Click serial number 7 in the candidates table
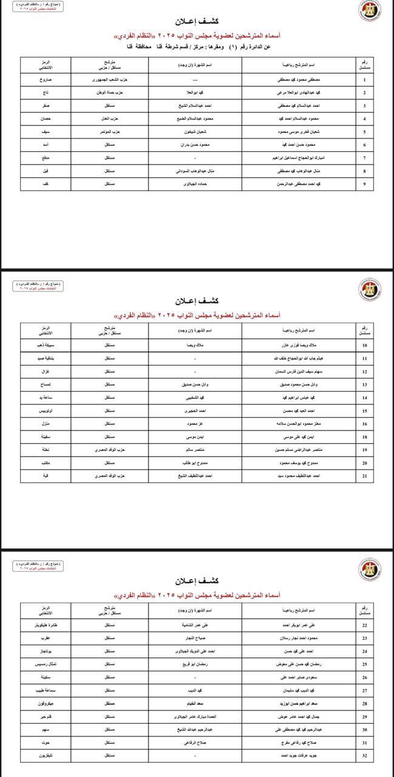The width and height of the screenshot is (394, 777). (364, 158)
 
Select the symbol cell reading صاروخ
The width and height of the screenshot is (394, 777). (46, 80)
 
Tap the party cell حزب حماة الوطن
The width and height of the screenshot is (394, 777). (109, 92)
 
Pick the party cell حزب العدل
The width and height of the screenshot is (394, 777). (109, 118)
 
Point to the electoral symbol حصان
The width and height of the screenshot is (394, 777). (46, 118)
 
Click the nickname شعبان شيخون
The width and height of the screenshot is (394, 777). (194, 132)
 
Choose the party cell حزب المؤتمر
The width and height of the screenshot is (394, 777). (109, 132)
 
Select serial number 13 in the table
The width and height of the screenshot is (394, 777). (364, 385)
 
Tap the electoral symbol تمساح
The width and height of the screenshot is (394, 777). (46, 385)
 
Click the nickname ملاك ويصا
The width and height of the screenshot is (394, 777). (194, 345)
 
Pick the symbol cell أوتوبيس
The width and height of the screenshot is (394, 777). (46, 411)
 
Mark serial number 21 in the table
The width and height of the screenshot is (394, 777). (364, 477)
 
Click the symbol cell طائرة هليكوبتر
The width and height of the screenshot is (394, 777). (46, 625)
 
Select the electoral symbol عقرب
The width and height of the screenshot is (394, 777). (46, 638)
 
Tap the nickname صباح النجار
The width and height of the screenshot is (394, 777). (194, 638)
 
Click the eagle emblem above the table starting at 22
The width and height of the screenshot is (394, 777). (369, 569)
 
